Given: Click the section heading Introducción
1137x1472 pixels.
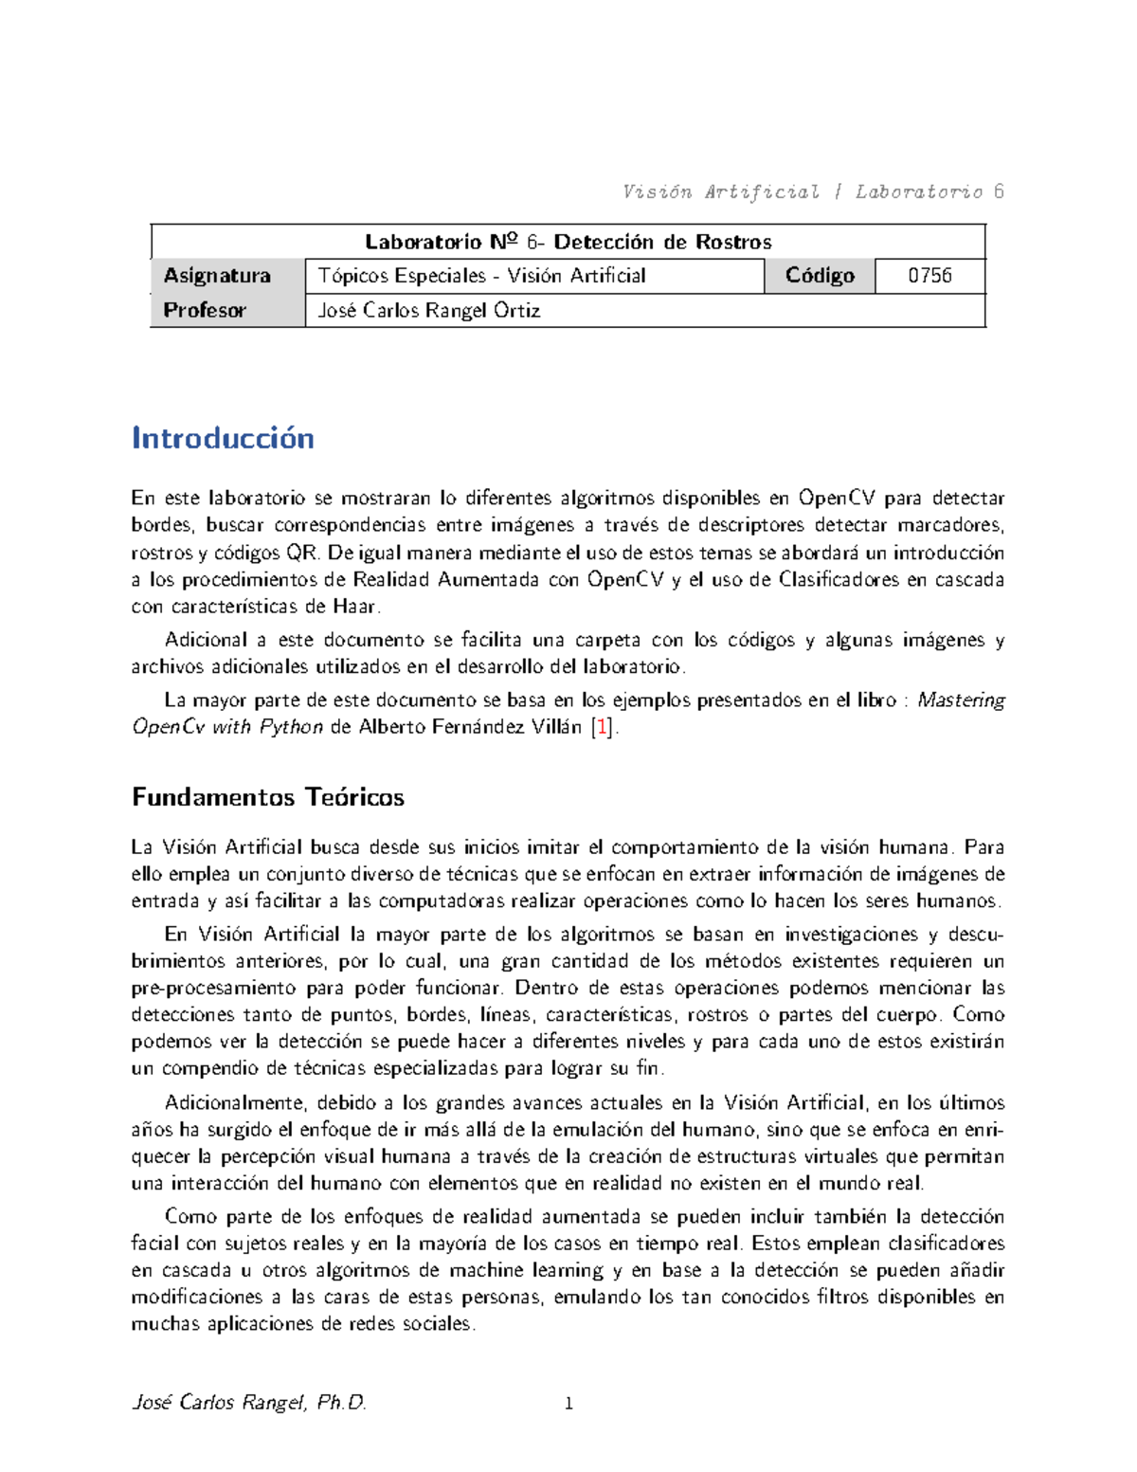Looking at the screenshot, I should (223, 438).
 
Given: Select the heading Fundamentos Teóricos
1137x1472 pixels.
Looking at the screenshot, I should (268, 797).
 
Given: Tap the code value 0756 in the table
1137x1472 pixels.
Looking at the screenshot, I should (929, 276).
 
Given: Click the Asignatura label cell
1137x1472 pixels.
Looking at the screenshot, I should (217, 276).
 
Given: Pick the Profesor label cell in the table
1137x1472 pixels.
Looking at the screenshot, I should (205, 310).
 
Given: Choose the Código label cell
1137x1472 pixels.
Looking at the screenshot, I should (820, 276).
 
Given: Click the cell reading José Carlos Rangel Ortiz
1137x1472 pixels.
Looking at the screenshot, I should (429, 310).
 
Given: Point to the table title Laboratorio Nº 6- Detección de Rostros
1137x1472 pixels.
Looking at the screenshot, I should (568, 242).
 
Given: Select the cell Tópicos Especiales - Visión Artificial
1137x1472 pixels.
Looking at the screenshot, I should (481, 276).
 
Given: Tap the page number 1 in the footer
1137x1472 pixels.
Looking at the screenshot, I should (568, 1404).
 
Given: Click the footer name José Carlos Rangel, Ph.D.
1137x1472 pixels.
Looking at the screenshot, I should (249, 1403).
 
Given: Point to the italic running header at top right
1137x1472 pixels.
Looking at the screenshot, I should (813, 192).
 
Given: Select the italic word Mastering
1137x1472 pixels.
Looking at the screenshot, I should (961, 700).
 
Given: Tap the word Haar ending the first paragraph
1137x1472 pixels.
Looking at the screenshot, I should (355, 607).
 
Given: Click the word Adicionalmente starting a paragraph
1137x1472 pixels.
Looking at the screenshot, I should (234, 1102).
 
